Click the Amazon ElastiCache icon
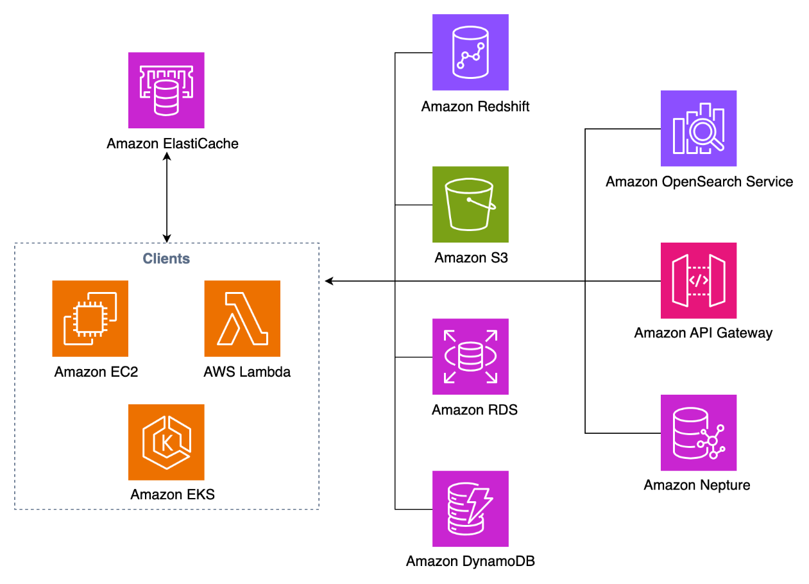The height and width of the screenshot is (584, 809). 166,90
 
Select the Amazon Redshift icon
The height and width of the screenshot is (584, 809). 470,53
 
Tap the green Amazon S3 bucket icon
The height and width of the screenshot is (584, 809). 470,205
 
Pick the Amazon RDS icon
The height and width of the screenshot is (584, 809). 470,357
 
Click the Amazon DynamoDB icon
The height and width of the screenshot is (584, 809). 470,509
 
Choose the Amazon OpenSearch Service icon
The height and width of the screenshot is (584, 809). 699,128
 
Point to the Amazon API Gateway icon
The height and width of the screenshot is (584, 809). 699,280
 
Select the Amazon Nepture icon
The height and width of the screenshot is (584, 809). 699,433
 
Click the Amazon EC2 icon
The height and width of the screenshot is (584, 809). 90,318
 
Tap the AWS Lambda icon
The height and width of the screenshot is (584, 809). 243,318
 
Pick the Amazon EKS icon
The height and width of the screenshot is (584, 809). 166,442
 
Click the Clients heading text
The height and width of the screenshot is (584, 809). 166,259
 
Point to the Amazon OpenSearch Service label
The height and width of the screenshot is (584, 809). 699,182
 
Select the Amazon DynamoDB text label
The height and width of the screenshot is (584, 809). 470,562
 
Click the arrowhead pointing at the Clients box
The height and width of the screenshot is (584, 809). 329,280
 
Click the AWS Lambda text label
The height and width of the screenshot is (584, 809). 247,372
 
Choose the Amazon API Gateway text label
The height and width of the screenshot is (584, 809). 703,332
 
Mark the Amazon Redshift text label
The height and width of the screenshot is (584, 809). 475,107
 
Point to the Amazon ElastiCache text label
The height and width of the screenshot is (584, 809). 173,144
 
